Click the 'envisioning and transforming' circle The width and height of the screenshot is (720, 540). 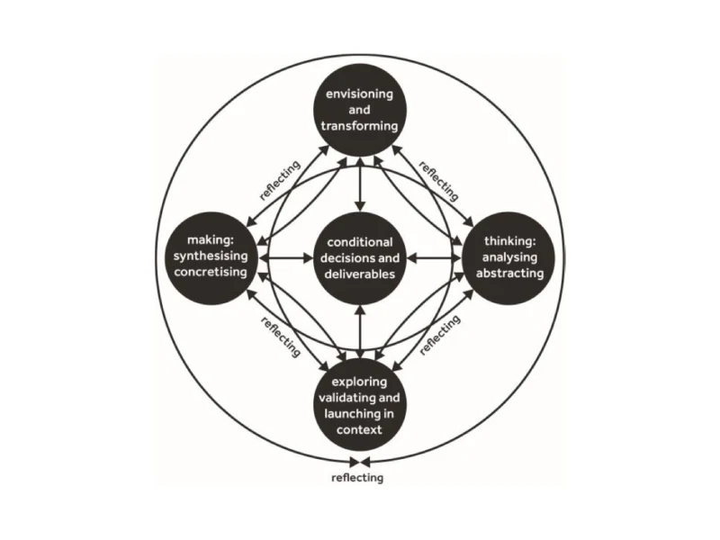click(359, 110)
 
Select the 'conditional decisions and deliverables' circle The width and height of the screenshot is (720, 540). click(360, 258)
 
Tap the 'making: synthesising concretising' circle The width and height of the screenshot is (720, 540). click(211, 258)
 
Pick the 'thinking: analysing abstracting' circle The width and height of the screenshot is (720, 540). click(508, 258)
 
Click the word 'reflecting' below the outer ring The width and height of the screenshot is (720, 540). click(357, 478)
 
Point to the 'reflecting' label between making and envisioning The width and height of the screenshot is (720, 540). click(280, 180)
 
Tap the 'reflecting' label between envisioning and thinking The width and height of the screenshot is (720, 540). click(439, 181)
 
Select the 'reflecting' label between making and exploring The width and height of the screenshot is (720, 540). click(281, 337)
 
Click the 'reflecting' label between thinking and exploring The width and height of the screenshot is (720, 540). click(440, 335)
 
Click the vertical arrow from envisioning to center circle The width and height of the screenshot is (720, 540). click(361, 184)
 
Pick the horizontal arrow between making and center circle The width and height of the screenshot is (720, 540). click(285, 258)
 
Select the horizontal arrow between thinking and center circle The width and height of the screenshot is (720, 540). click(435, 258)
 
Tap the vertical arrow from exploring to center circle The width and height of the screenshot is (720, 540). click(361, 332)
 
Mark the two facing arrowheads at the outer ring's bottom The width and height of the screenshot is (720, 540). click(359, 462)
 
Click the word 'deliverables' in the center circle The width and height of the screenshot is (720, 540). click(360, 274)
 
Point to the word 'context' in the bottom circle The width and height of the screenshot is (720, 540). click(359, 430)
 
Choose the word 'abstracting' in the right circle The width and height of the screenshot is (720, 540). click(509, 274)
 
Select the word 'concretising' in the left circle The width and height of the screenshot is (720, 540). click(211, 272)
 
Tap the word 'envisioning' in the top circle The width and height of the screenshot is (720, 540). click(359, 94)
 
